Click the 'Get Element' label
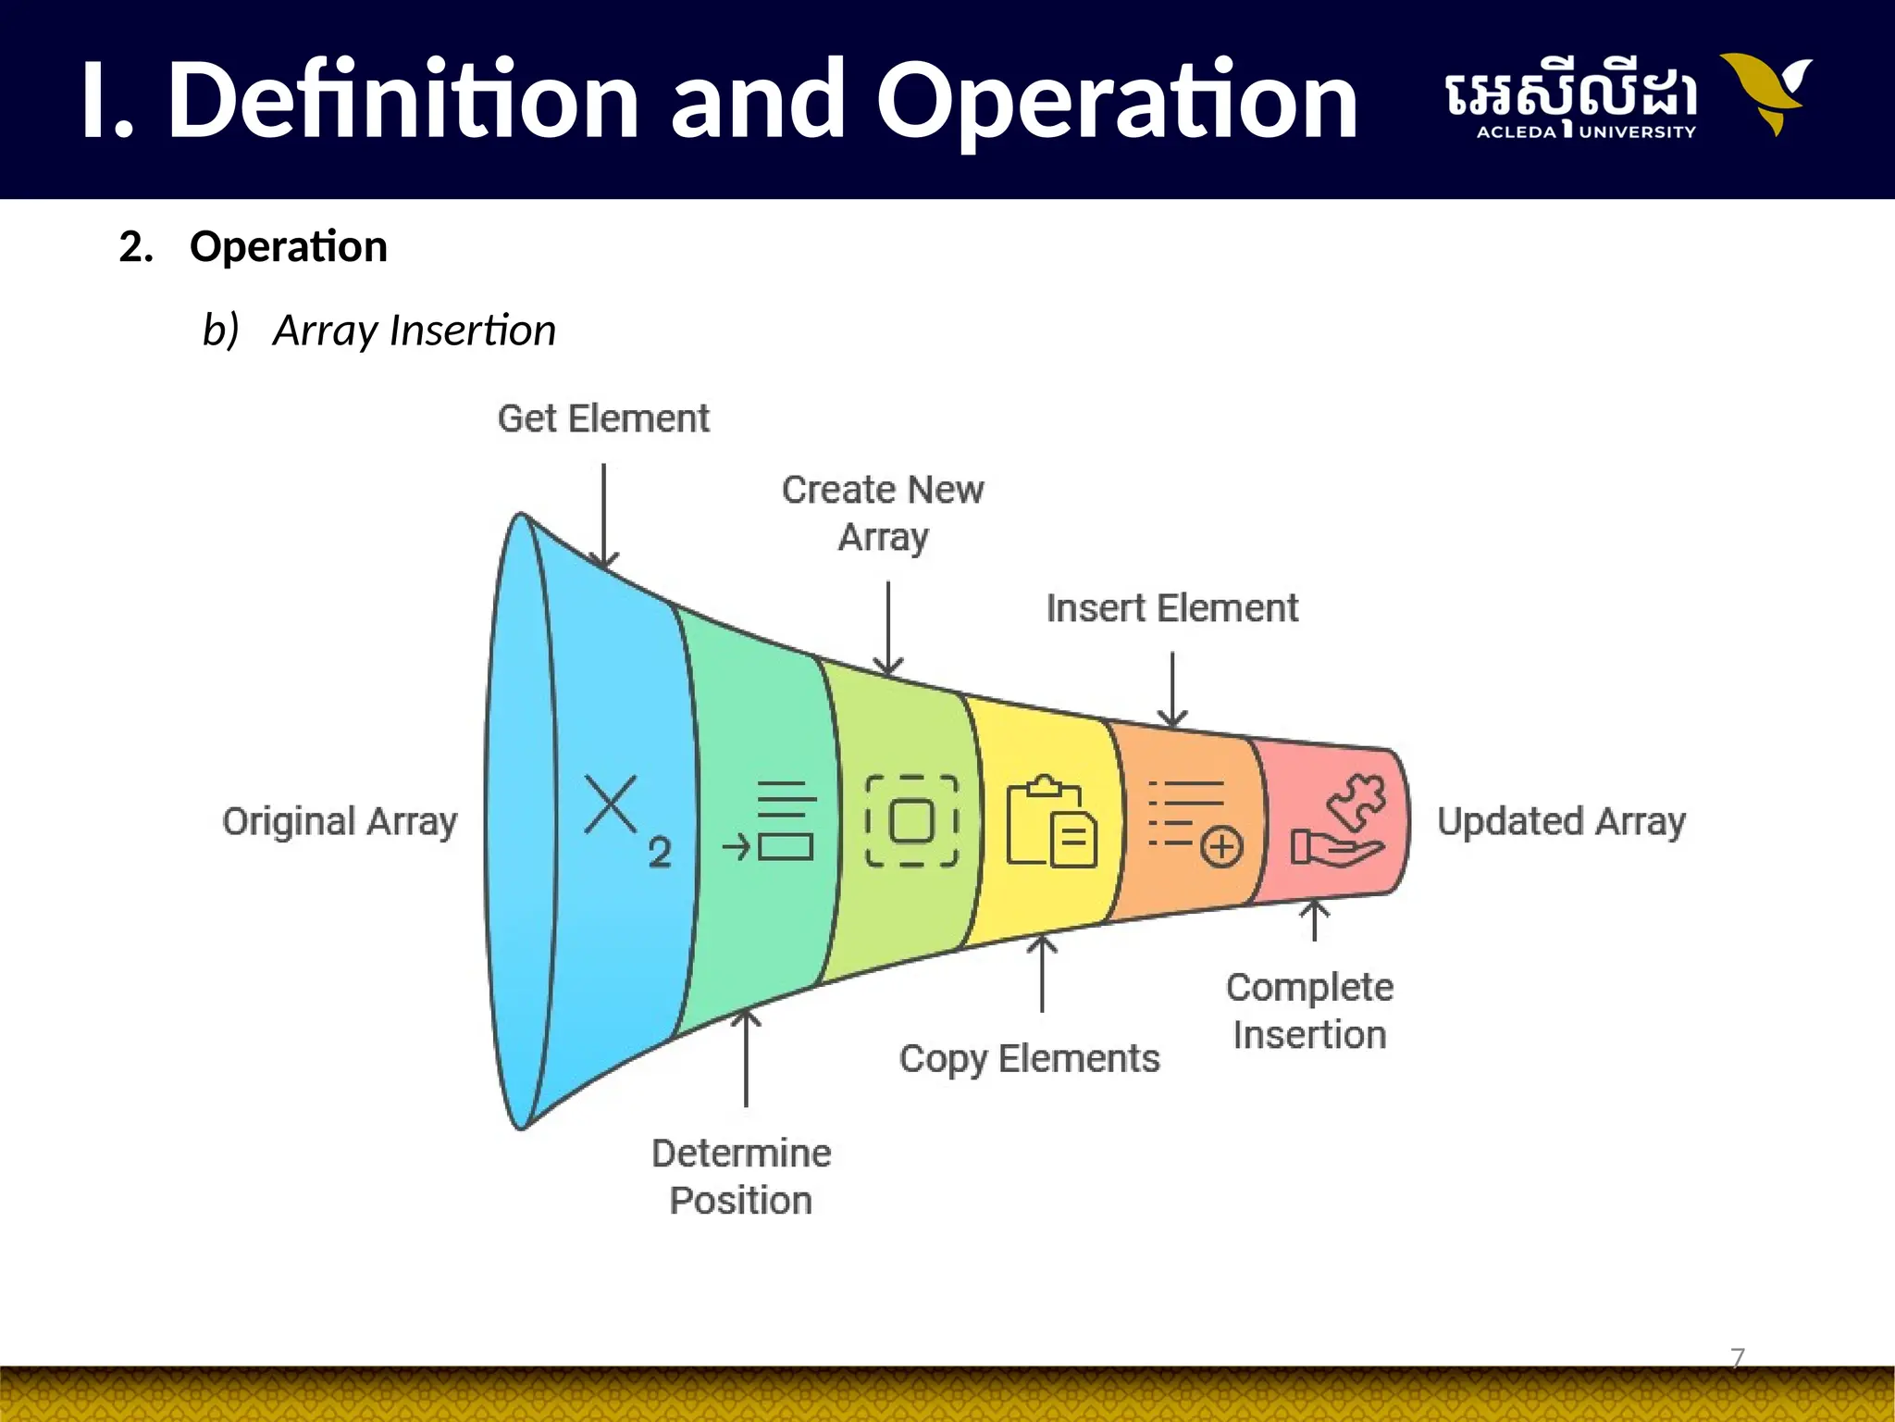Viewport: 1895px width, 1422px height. [x=603, y=418]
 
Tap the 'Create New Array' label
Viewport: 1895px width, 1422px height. [x=883, y=513]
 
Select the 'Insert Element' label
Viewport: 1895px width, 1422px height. [x=1172, y=608]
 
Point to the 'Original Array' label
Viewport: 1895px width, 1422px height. [x=340, y=821]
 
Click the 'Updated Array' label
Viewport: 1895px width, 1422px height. [x=1561, y=821]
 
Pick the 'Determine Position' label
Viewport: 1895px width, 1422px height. [x=741, y=1177]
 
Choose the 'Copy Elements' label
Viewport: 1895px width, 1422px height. [x=1029, y=1058]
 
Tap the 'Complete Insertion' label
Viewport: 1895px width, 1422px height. [x=1309, y=1011]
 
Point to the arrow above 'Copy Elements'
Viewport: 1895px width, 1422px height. [x=1042, y=972]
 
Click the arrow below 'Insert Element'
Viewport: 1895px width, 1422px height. [x=1172, y=690]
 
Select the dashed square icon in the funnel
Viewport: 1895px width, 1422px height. [x=911, y=821]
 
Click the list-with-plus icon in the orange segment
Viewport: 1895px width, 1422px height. [x=1195, y=822]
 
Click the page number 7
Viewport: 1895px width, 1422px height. [x=1738, y=1358]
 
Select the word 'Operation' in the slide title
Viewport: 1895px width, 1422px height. [x=1116, y=99]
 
